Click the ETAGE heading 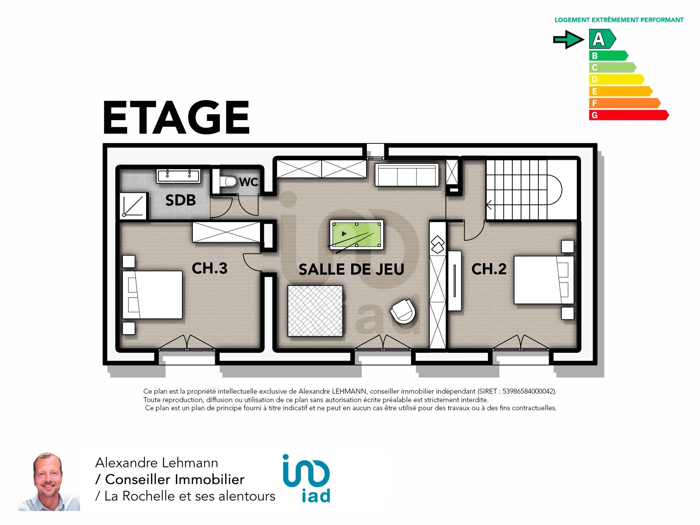click(x=176, y=117)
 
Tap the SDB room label click(x=180, y=200)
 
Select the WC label click(x=248, y=182)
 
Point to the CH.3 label click(x=209, y=268)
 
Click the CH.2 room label click(x=489, y=269)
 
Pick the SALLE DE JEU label click(x=351, y=269)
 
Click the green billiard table click(x=357, y=234)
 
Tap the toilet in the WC click(x=228, y=181)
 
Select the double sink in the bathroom click(x=178, y=175)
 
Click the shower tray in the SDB click(x=133, y=206)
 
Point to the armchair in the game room click(x=403, y=311)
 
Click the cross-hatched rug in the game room click(x=315, y=311)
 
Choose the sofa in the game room click(x=407, y=175)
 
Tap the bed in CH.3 click(x=152, y=294)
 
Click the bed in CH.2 click(x=544, y=280)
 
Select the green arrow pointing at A click(x=568, y=39)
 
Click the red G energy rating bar click(x=629, y=115)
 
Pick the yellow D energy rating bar click(x=616, y=79)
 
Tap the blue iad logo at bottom click(x=306, y=478)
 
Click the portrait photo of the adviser click(x=49, y=480)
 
